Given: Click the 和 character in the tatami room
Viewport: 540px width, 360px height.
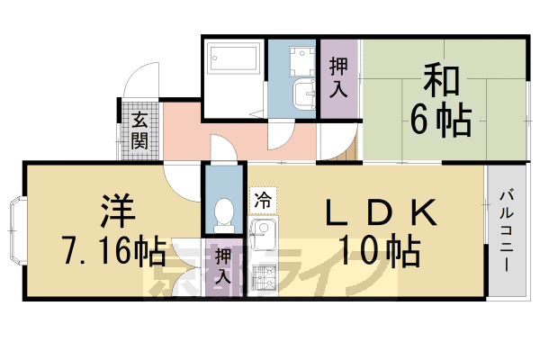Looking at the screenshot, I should tap(440, 83).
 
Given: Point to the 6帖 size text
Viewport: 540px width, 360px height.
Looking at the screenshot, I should tap(441, 121).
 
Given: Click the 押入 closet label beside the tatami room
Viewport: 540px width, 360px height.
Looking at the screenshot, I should tap(338, 77).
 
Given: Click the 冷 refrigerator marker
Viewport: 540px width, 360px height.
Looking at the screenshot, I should tap(263, 199).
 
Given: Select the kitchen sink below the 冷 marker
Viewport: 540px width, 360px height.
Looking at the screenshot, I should tap(261, 237).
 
